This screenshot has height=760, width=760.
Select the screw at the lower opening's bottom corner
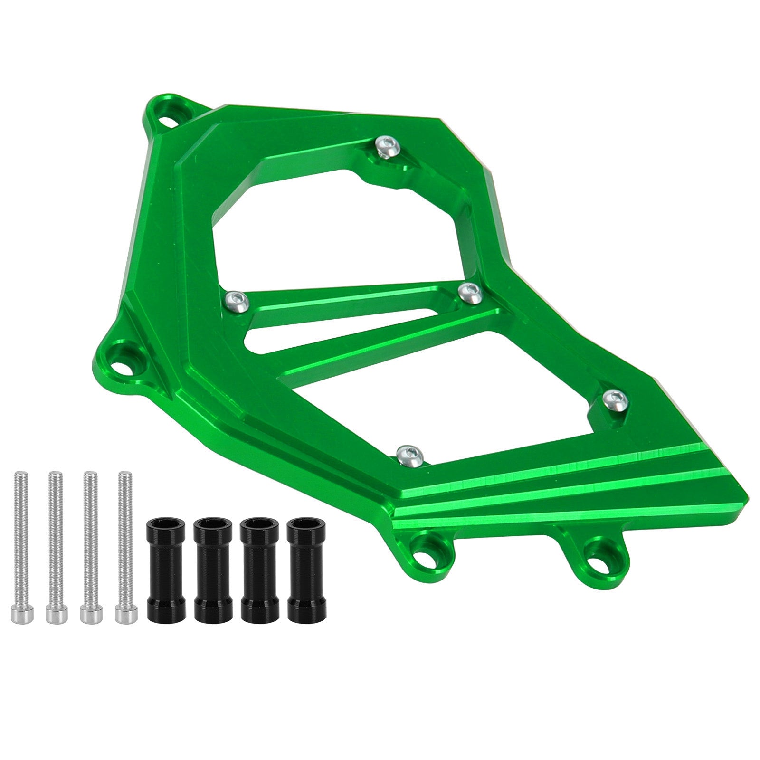coord(410,456)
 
